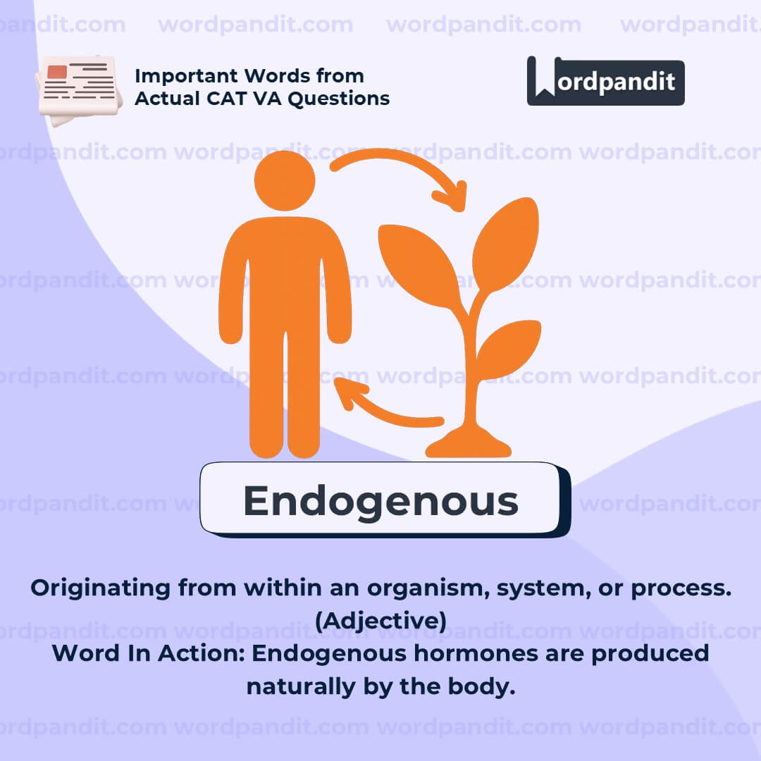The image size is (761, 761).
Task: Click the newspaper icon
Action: pyautogui.click(x=79, y=90)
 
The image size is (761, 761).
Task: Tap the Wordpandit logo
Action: pyautogui.click(x=606, y=81)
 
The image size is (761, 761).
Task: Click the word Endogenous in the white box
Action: pyautogui.click(x=381, y=502)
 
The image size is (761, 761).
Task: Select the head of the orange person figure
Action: pyautogui.click(x=285, y=180)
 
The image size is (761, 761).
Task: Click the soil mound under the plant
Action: pyautogui.click(x=469, y=444)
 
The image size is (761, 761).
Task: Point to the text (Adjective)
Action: pyautogui.click(x=381, y=621)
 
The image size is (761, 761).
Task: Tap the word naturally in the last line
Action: pyautogui.click(x=302, y=687)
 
